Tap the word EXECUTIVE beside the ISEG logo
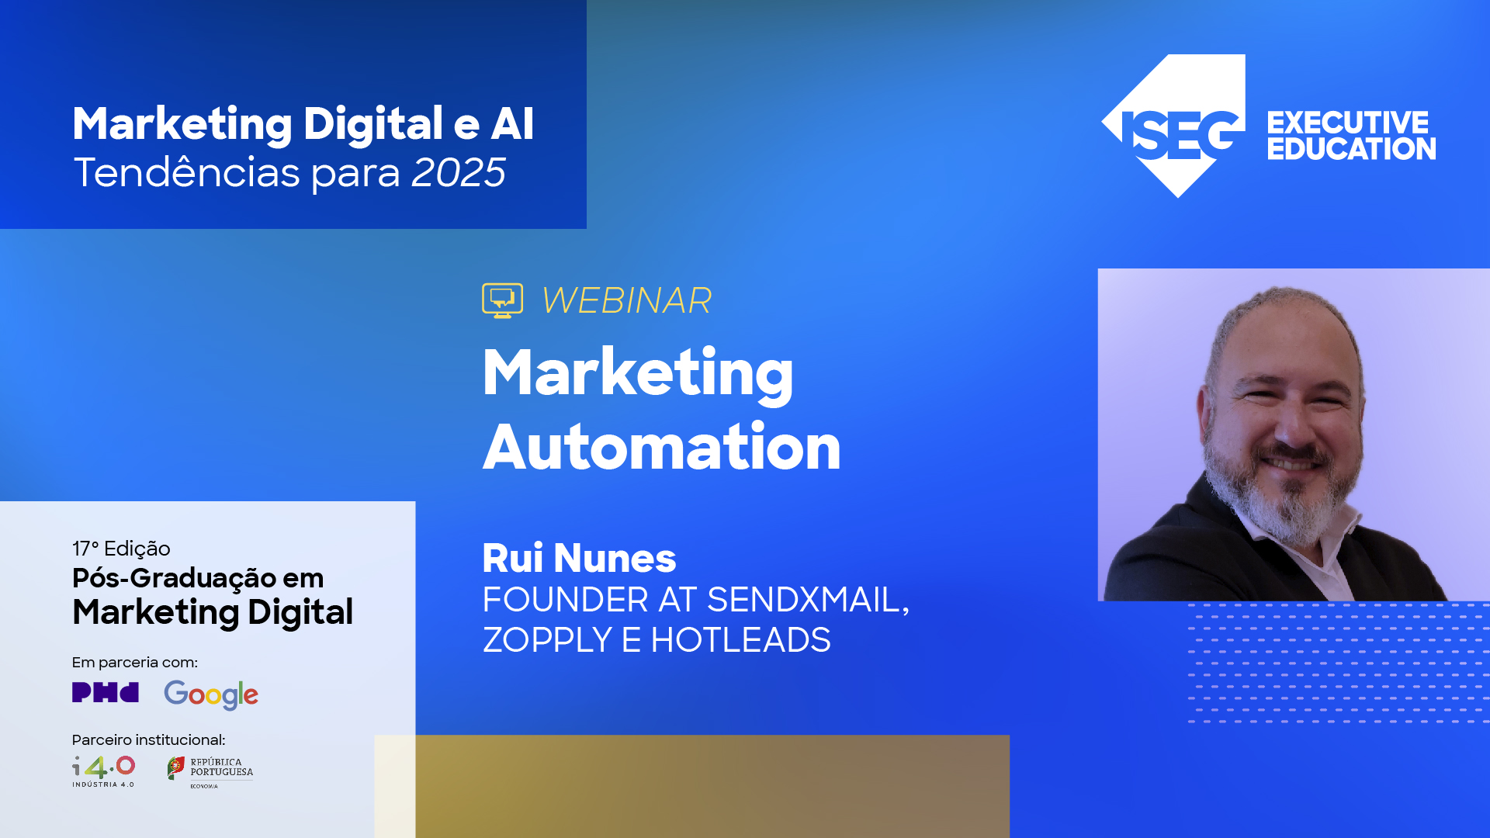(x=1348, y=123)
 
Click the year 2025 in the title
(x=458, y=172)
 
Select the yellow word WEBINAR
(x=626, y=301)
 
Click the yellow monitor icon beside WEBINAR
(x=502, y=300)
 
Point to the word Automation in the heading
(x=662, y=448)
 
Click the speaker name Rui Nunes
(x=579, y=558)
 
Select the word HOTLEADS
(x=740, y=640)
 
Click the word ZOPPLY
(x=547, y=640)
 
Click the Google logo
(x=211, y=694)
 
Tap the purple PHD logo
(x=106, y=692)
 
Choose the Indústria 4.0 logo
(x=104, y=771)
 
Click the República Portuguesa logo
(x=210, y=771)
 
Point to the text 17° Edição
(x=121, y=549)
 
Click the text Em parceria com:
(x=135, y=662)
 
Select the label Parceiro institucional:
(x=148, y=739)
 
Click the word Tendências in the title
(x=186, y=172)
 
